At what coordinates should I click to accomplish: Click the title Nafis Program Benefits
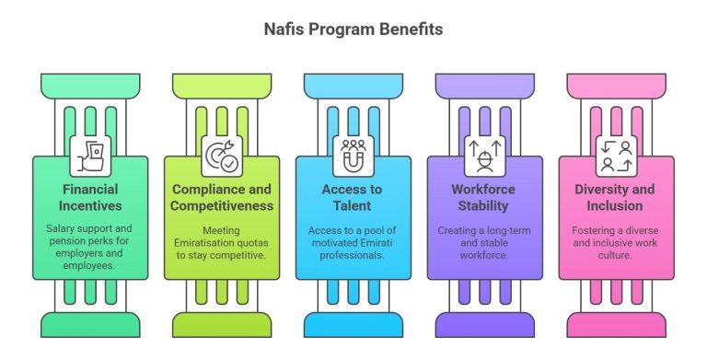click(353, 29)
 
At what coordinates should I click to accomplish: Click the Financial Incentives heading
click(90, 197)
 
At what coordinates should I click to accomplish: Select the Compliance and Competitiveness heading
click(222, 197)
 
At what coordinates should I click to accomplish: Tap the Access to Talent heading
click(353, 197)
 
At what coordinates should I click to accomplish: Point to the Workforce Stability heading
click(484, 197)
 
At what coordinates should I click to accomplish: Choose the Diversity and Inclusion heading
click(616, 197)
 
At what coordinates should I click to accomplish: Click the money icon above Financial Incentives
click(90, 155)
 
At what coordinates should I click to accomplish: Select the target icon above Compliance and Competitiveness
click(222, 155)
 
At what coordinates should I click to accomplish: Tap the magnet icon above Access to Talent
click(353, 155)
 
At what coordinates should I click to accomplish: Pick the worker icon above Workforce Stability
click(484, 155)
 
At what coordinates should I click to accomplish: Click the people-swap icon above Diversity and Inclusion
click(616, 155)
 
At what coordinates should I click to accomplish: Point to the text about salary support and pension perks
click(90, 245)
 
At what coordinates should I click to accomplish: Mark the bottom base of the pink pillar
click(616, 323)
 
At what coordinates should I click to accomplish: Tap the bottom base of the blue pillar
click(353, 323)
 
